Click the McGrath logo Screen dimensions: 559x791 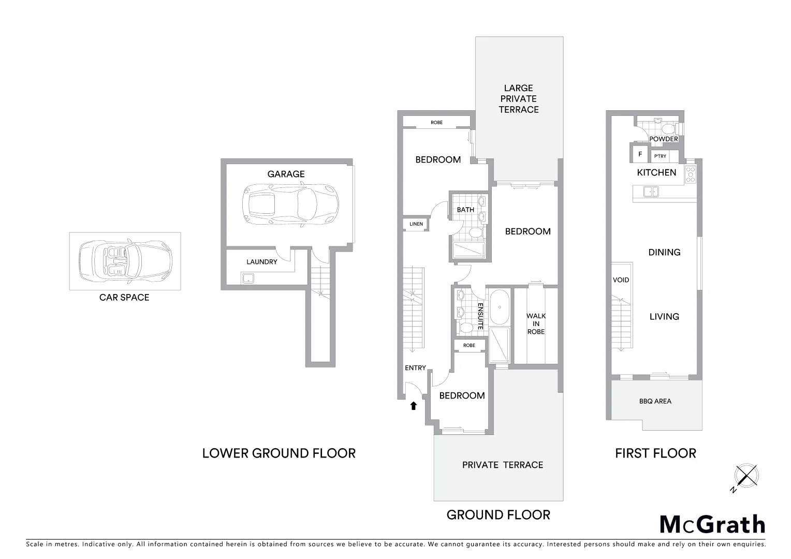712,524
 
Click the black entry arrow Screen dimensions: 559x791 413,406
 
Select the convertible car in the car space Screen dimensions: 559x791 125,261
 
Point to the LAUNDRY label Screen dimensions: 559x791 261,262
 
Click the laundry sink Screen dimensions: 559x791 248,278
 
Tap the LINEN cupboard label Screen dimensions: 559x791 416,224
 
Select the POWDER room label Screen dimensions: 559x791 663,139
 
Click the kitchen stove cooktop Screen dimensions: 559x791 690,175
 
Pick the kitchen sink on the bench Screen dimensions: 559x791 651,192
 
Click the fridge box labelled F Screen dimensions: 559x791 640,154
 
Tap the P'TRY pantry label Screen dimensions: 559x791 660,156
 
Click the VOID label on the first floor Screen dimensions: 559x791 621,280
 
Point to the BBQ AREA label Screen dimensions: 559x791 655,401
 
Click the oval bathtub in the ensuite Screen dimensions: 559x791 499,307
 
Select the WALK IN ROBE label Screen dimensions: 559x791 536,323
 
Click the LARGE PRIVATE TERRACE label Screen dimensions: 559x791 518,99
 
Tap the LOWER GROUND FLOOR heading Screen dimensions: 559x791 279,453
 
